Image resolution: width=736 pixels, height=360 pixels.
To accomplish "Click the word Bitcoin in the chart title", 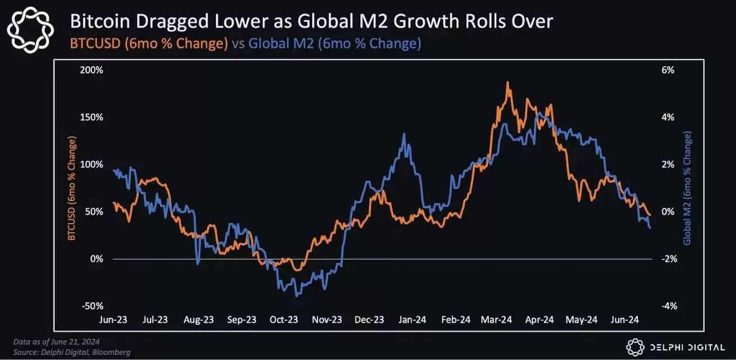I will click(98, 21).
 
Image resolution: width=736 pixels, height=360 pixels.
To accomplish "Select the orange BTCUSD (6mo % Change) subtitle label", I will click(148, 44).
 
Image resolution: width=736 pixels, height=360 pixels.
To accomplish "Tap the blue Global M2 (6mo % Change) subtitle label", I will click(335, 44).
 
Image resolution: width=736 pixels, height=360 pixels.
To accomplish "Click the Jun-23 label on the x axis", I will click(113, 320).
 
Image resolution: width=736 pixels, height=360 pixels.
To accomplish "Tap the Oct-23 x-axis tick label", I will click(284, 320).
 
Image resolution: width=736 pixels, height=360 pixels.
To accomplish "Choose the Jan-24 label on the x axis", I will click(413, 320).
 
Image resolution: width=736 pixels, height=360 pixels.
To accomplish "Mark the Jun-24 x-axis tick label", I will click(625, 320).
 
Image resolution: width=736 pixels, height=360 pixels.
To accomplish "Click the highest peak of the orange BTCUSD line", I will click(507, 82).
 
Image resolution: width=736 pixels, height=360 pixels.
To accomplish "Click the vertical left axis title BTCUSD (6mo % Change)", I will click(71, 188).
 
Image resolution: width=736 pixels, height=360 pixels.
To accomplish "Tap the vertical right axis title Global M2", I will click(687, 188).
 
